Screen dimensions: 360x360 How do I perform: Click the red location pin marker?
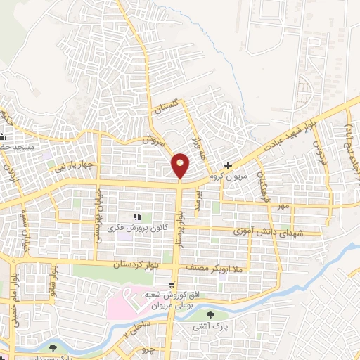pos(181,166)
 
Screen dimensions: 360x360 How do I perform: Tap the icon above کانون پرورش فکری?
pos(137,217)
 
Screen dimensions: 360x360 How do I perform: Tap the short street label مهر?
pos(283,206)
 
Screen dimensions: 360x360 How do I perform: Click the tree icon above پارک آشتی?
pos(211,314)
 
